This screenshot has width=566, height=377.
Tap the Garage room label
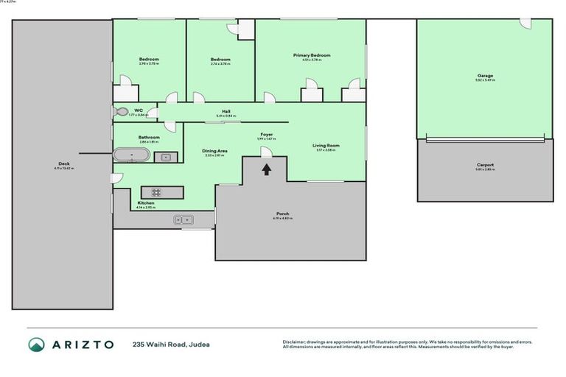click(x=484, y=75)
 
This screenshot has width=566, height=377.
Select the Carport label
click(x=484, y=165)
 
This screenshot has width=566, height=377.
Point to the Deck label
click(x=63, y=163)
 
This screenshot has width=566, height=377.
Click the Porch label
click(x=283, y=214)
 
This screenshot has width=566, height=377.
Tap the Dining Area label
click(x=214, y=151)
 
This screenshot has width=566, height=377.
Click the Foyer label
click(x=266, y=135)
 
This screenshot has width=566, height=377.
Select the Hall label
click(x=226, y=111)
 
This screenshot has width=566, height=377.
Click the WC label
click(x=138, y=110)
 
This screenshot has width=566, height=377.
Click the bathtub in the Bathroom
click(x=131, y=155)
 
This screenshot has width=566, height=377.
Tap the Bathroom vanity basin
click(x=166, y=156)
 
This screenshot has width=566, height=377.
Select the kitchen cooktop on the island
click(x=162, y=192)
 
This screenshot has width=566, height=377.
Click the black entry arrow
click(x=267, y=169)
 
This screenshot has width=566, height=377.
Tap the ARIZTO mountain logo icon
click(x=36, y=344)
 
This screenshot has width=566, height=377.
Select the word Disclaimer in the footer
click(x=294, y=342)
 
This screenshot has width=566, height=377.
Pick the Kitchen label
click(x=145, y=203)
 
